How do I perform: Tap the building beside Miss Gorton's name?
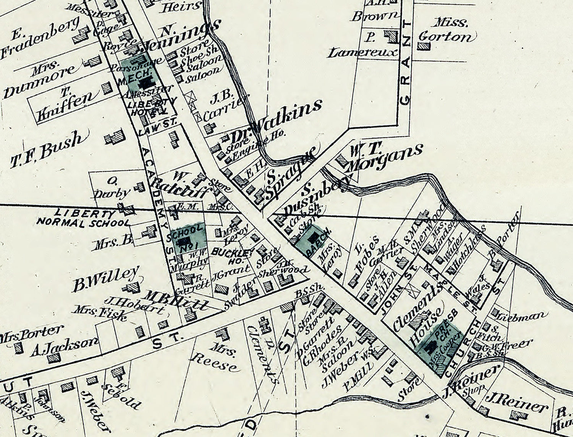(424, 46)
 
